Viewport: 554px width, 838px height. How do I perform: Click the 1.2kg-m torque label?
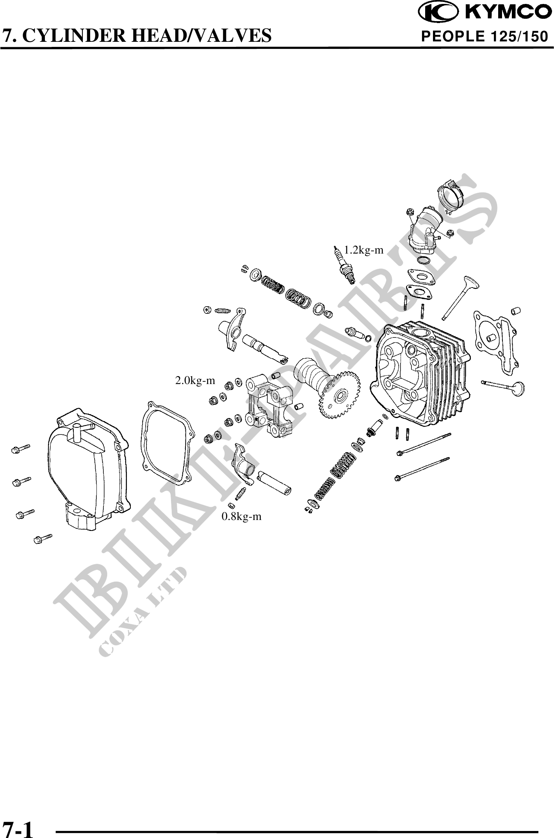[x=363, y=250]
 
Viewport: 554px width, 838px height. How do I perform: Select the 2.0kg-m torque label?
[x=195, y=380]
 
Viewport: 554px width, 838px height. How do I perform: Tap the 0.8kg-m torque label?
[x=242, y=516]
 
